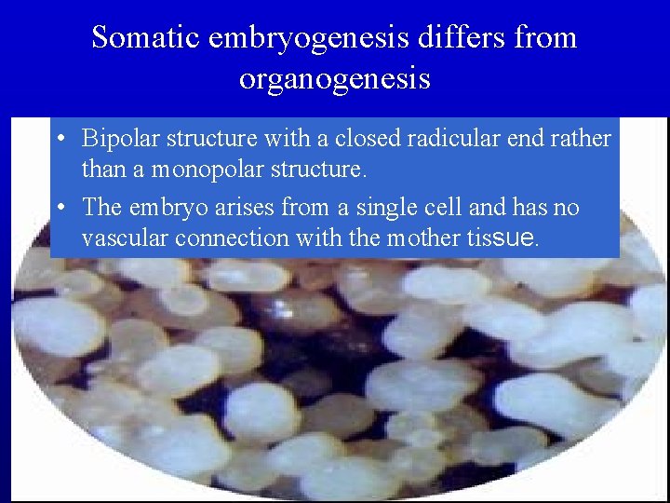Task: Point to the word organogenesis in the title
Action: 334,78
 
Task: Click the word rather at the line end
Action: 583,139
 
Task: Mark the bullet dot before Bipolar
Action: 59,140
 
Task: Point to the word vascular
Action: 118,238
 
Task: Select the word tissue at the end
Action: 501,238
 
